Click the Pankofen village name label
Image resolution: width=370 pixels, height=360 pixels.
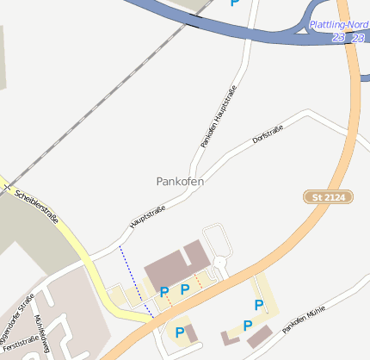(x=180, y=182)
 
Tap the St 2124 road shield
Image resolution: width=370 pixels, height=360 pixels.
(x=329, y=197)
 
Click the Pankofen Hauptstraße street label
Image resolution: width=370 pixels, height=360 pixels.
(x=219, y=116)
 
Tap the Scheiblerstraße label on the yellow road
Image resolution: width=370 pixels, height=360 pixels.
(x=37, y=206)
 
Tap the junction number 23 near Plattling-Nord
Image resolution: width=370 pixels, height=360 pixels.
(x=338, y=38)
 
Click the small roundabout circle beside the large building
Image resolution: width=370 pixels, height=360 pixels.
(x=220, y=262)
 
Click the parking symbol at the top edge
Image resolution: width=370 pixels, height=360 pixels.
(x=235, y=3)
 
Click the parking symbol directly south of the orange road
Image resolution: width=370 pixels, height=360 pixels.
(x=180, y=332)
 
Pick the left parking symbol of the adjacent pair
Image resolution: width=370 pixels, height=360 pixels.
(x=163, y=293)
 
